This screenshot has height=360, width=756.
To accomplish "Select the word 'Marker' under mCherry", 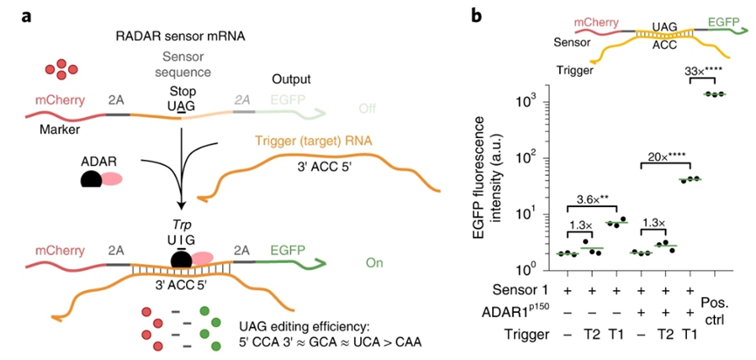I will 58,129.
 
